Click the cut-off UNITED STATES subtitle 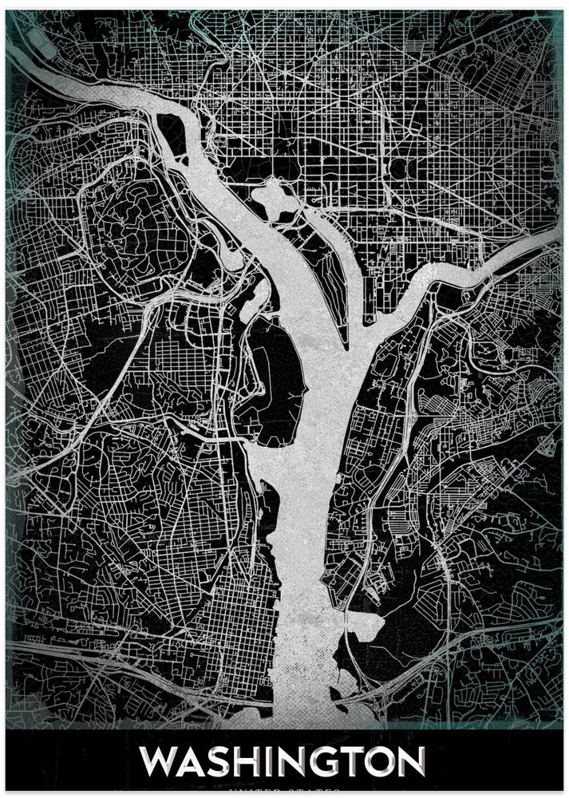coord(285,793)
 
